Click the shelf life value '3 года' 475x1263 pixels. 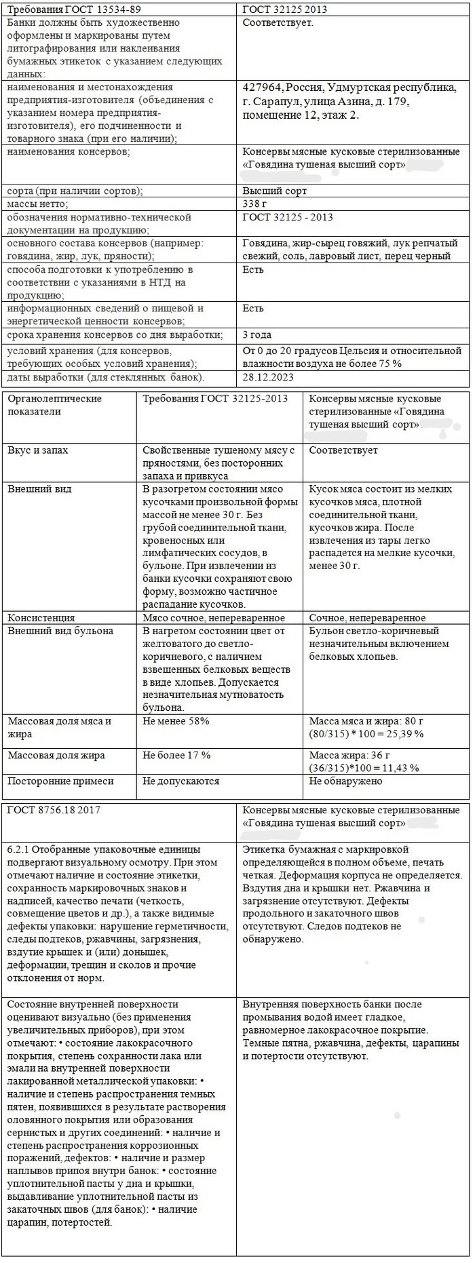coord(258,334)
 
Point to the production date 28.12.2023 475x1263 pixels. coord(267,377)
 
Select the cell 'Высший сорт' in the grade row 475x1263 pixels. coord(275,191)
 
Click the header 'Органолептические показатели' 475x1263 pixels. coord(54,405)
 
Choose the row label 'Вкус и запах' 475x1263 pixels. coord(37,450)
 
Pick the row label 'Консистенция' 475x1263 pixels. coord(41,618)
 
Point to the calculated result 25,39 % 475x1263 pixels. coord(404,734)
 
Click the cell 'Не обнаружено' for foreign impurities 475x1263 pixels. coord(345,781)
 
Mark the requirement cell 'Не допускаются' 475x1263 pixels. coord(181,781)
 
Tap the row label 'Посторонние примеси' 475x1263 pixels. coord(60,781)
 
